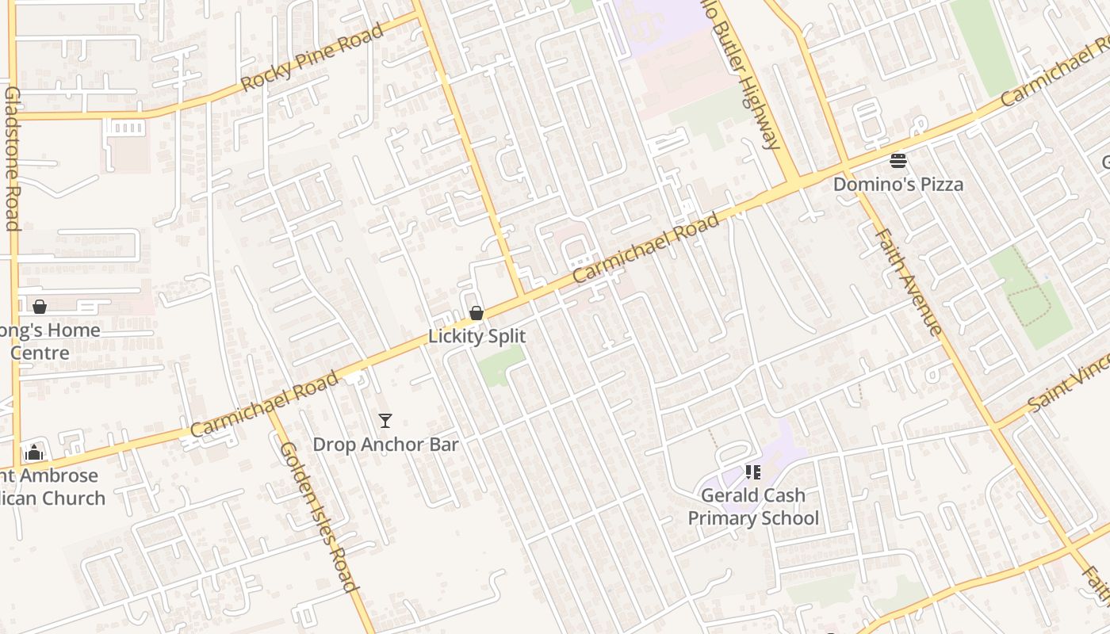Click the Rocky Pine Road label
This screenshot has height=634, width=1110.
click(x=312, y=57)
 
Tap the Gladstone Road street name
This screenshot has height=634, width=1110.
click(x=12, y=158)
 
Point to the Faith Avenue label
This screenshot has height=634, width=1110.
click(x=909, y=281)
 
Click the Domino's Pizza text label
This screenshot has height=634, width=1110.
click(x=898, y=185)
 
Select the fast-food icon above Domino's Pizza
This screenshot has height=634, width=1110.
click(x=898, y=162)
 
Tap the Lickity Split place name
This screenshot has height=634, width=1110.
click(x=477, y=336)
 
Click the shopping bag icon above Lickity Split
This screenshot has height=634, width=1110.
click(x=477, y=313)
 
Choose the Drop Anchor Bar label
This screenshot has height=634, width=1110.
click(x=385, y=445)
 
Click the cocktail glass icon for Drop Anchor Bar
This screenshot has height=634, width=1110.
click(x=385, y=421)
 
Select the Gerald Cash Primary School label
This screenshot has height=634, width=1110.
click(x=752, y=506)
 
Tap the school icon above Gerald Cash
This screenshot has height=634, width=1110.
click(x=752, y=472)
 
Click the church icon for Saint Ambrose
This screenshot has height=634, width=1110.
click(x=34, y=453)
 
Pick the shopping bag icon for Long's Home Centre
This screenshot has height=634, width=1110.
click(x=39, y=307)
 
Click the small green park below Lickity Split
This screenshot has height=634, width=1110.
click(x=500, y=367)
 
